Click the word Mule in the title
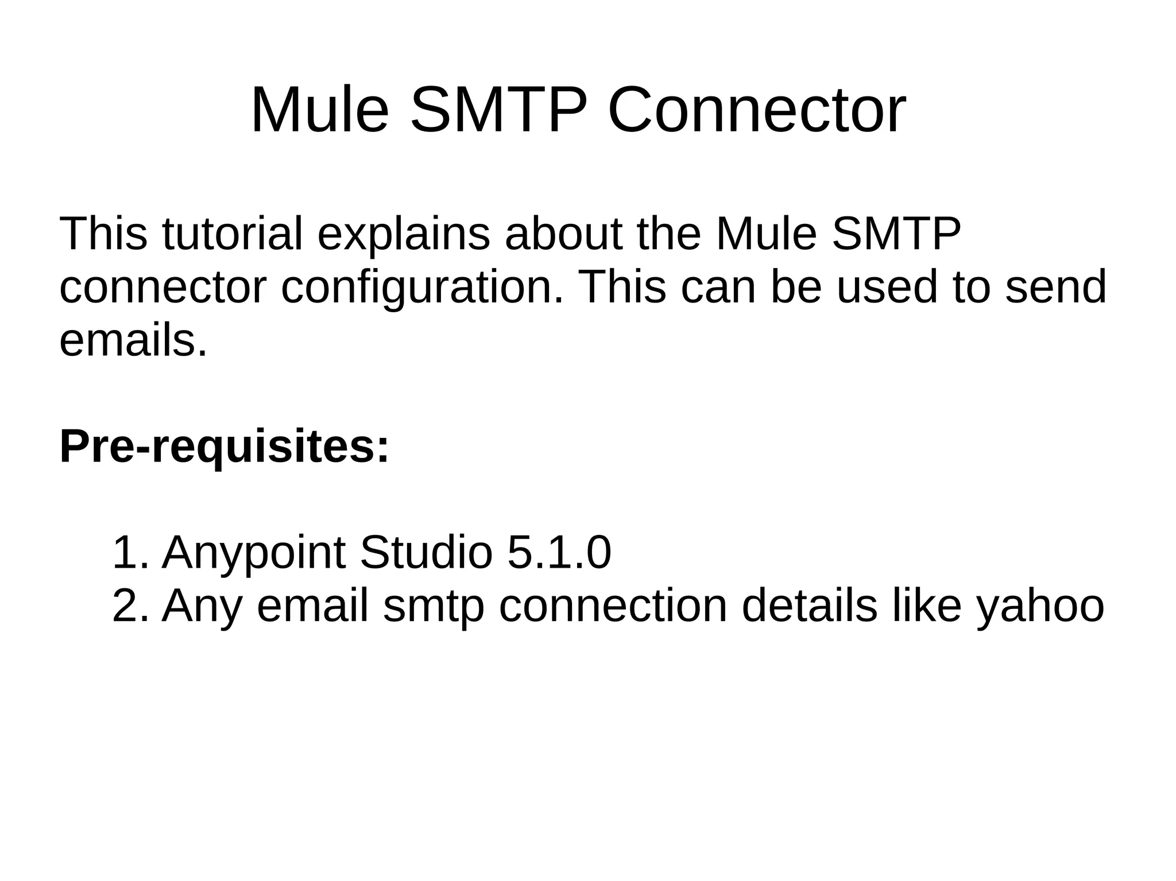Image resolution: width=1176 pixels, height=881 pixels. pos(319,110)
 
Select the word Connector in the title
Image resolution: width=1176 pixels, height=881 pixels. pos(756,110)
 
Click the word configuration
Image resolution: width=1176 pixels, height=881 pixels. pos(423,287)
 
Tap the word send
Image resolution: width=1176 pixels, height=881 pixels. pos(1055,287)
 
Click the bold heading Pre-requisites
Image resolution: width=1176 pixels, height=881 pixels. pos(225,447)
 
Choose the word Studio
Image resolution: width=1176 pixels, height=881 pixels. pos(425,553)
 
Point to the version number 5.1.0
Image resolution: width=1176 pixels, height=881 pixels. pos(559,553)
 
